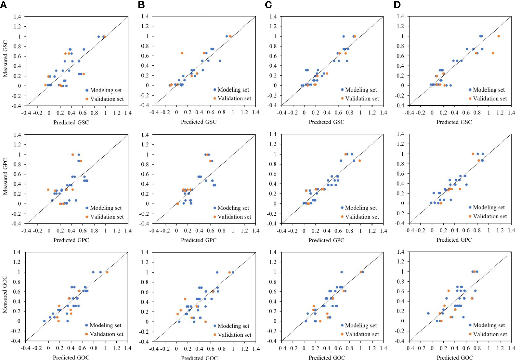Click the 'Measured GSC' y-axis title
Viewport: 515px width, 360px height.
click(x=5, y=59)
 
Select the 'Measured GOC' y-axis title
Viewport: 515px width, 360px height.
click(x=5, y=295)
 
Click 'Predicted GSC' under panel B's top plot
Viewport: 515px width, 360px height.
click(x=198, y=122)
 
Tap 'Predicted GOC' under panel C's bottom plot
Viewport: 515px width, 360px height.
click(x=327, y=358)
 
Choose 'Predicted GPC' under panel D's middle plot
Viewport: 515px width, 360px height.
click(x=454, y=240)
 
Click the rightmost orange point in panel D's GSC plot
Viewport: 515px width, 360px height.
click(x=498, y=36)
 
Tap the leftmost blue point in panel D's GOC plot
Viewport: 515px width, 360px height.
click(x=428, y=313)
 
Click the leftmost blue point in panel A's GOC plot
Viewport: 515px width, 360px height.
click(x=44, y=321)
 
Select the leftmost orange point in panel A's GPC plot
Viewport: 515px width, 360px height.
click(x=48, y=190)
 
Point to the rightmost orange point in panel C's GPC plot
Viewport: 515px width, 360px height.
click(x=360, y=161)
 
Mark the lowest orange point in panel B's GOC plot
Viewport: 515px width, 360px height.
click(x=205, y=322)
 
